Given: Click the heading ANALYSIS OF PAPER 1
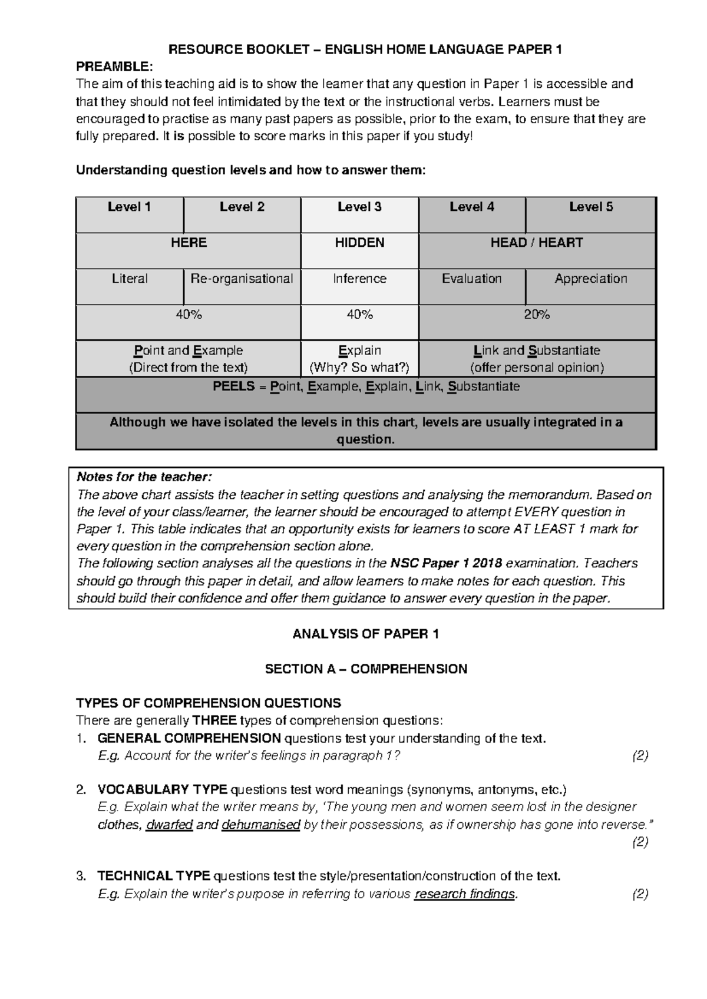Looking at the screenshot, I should click(365, 634).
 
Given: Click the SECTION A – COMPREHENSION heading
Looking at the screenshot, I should click(365, 669).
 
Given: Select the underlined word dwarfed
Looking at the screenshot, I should click(169, 825).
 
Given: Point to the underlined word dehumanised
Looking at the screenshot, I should click(261, 825).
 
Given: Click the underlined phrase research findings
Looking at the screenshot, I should click(465, 894).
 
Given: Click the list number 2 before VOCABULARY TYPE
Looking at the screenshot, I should click(81, 790).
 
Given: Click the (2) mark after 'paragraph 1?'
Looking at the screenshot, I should click(640, 756).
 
